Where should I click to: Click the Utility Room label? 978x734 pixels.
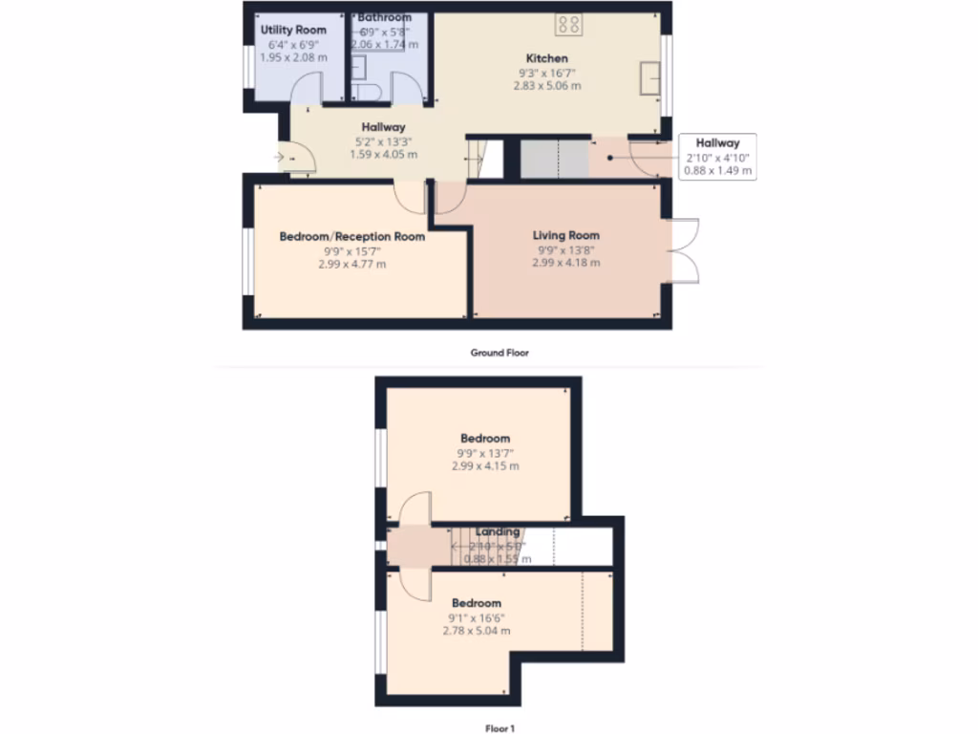[x=293, y=31]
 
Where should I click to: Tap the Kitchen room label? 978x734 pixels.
[x=546, y=58]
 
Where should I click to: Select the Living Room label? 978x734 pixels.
[x=565, y=235]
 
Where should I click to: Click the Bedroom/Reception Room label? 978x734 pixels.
[x=351, y=236]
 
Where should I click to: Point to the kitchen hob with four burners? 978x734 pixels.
[x=569, y=23]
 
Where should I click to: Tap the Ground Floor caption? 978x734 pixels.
[x=499, y=353]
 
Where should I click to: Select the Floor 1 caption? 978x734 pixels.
[x=499, y=729]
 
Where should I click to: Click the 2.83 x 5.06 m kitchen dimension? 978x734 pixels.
[x=546, y=86]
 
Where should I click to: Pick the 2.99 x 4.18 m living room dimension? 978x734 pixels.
[x=565, y=263]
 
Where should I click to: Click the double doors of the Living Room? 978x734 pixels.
[x=686, y=251]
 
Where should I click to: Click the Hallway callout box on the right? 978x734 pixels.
[x=717, y=157]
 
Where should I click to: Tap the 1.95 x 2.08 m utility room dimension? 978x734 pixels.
[x=293, y=57]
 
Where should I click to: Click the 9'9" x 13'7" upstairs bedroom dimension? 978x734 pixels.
[x=485, y=453]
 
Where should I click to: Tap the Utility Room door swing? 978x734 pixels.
[x=305, y=88]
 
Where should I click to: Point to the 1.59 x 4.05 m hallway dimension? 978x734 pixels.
[x=383, y=154]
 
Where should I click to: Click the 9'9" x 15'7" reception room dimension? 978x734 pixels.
[x=351, y=250]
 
